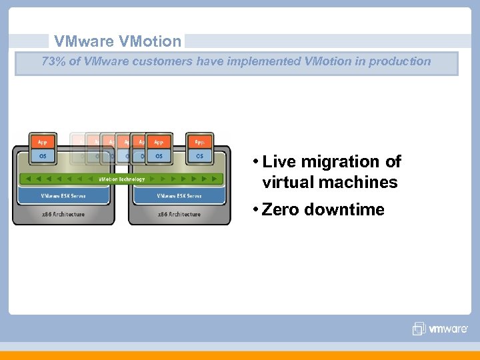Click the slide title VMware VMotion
(117, 41)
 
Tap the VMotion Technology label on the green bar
(121, 179)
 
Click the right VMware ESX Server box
(179, 196)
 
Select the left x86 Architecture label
(63, 214)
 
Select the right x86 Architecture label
(179, 214)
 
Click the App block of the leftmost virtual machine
(43, 142)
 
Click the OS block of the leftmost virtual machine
(43, 156)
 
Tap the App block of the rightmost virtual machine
(199, 142)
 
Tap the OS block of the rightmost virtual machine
(199, 156)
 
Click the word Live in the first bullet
(279, 162)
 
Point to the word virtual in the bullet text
(287, 183)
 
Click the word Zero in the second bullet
(281, 210)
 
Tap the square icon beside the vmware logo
(419, 329)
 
